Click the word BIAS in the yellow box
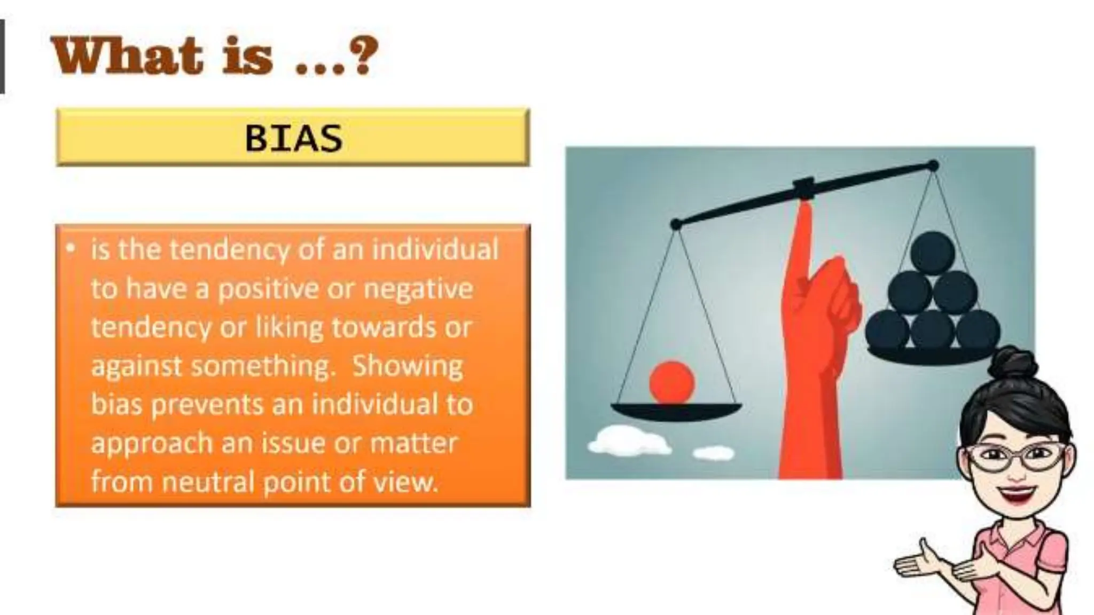pyautogui.click(x=293, y=138)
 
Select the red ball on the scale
pyautogui.click(x=671, y=382)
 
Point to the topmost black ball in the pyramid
pyautogui.click(x=932, y=252)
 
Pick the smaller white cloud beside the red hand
pyautogui.click(x=713, y=454)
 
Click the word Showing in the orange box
pyautogui.click(x=407, y=367)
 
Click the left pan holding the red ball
pyautogui.click(x=676, y=412)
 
